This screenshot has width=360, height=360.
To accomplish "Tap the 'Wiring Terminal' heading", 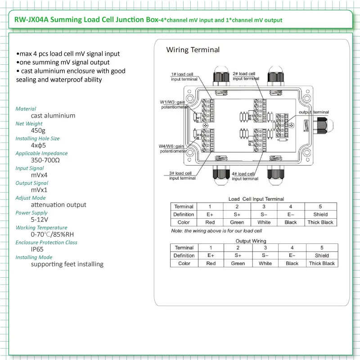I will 193,50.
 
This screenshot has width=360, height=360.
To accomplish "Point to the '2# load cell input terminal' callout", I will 246,76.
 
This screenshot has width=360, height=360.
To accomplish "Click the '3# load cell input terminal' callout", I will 182,175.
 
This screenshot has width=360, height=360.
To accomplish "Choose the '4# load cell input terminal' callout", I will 245,176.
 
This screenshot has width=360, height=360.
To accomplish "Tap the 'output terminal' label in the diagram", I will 314,112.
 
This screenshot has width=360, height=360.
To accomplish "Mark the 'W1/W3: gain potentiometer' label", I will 173,104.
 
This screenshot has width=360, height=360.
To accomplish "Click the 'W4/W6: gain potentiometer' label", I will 173,148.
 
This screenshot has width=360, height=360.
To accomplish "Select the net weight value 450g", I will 39,130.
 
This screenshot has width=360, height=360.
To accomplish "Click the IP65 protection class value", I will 37,249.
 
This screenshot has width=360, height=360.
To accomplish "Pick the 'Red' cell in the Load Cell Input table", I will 210,222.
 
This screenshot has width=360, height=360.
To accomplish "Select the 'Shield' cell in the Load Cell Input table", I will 320,214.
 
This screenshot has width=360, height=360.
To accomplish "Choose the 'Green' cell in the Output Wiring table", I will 238,264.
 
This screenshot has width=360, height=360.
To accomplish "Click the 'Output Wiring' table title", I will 251,241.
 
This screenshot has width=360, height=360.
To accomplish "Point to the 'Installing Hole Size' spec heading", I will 37,139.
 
